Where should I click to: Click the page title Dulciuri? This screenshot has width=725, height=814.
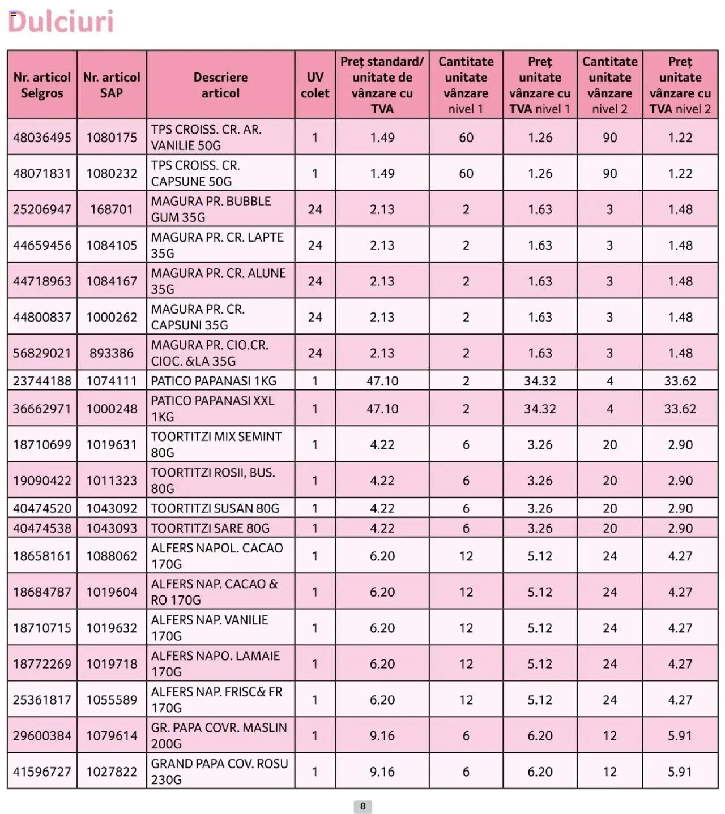point(61,22)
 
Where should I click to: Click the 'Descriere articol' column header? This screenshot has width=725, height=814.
point(220,85)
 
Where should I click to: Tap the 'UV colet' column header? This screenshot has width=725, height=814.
point(315,85)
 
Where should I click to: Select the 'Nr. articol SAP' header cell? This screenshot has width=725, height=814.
point(112,85)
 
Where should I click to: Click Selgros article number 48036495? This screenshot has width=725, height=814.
point(42,138)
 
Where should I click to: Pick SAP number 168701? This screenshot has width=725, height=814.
point(112,209)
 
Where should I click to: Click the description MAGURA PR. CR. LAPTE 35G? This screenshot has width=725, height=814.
point(217,245)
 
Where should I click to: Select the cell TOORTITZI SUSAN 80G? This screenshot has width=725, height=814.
point(215,508)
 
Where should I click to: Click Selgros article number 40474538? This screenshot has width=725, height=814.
point(42,528)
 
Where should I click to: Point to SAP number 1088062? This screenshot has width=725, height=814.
point(112,556)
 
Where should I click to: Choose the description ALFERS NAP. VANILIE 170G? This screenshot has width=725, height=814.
point(210,628)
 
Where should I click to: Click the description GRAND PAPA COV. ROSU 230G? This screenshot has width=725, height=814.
point(219,772)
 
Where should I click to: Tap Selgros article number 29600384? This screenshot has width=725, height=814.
point(42,736)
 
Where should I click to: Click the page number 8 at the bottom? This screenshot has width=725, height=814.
point(362,806)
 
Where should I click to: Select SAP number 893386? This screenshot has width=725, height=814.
point(112,353)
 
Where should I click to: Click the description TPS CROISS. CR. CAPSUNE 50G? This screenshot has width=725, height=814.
point(195,173)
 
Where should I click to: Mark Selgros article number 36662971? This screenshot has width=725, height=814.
point(42,409)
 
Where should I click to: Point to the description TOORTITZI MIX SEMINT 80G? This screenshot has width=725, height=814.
point(216,444)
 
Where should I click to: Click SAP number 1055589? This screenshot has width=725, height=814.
point(112,700)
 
